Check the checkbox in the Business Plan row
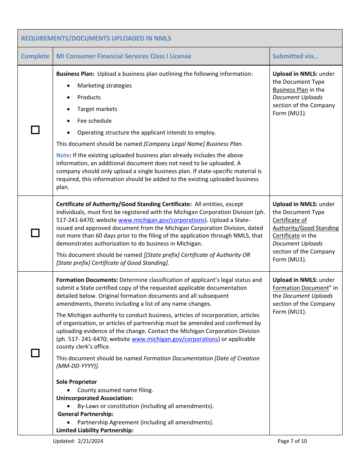[x=35, y=130]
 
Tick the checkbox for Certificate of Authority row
[x=35, y=233]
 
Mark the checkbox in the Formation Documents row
[x=35, y=353]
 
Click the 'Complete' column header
[x=35, y=56]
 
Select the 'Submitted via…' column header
[x=295, y=56]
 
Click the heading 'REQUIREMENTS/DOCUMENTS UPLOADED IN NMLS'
[x=96, y=38]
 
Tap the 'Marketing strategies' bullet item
[x=104, y=86]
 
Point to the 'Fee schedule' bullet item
[x=94, y=121]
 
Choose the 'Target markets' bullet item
[x=97, y=109]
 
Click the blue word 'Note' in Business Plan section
[x=63, y=155]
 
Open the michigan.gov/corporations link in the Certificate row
[x=161, y=220]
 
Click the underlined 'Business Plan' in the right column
[x=290, y=90]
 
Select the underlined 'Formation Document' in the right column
[x=301, y=288]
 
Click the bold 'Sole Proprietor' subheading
[x=77, y=382]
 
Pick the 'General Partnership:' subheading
[x=85, y=414]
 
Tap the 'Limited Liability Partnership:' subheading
[x=95, y=430]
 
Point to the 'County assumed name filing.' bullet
[x=115, y=390]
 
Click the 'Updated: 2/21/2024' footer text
[x=78, y=441]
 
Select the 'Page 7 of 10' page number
[x=292, y=441]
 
